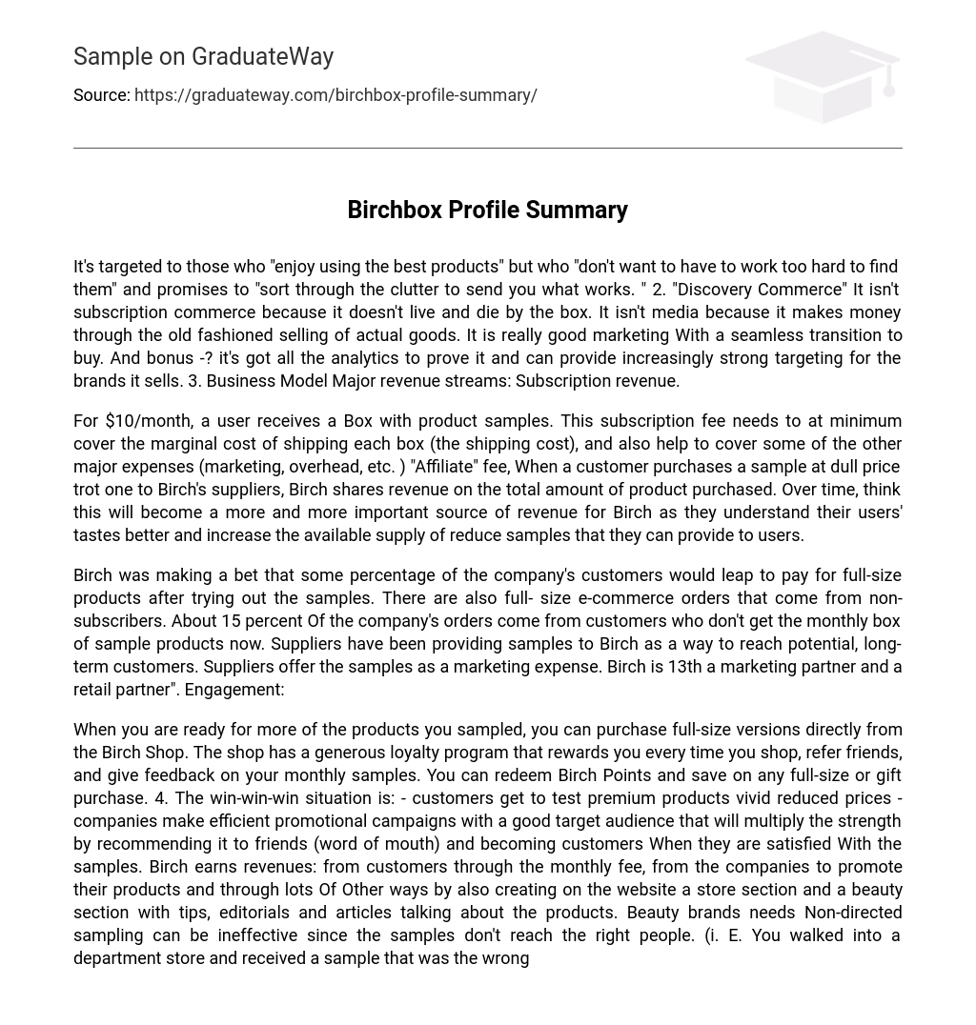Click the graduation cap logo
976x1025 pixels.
tap(823, 76)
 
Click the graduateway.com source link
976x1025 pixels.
tap(335, 95)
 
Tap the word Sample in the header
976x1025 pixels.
tap(112, 57)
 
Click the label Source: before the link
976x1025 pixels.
tap(102, 95)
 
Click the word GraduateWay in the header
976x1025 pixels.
tap(262, 57)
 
